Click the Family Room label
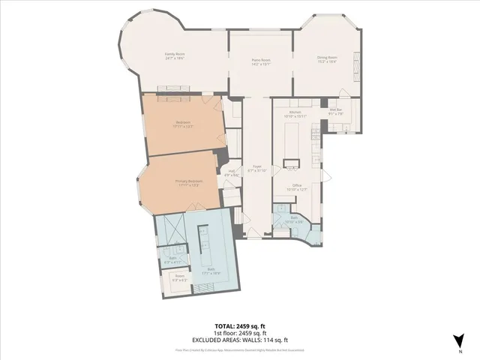(x=175, y=55)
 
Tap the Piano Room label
(x=261, y=61)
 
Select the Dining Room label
(x=327, y=58)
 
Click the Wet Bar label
(x=335, y=112)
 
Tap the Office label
(x=297, y=187)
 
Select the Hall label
(x=232, y=173)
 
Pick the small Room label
(x=180, y=277)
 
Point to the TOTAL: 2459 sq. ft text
(x=239, y=326)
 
